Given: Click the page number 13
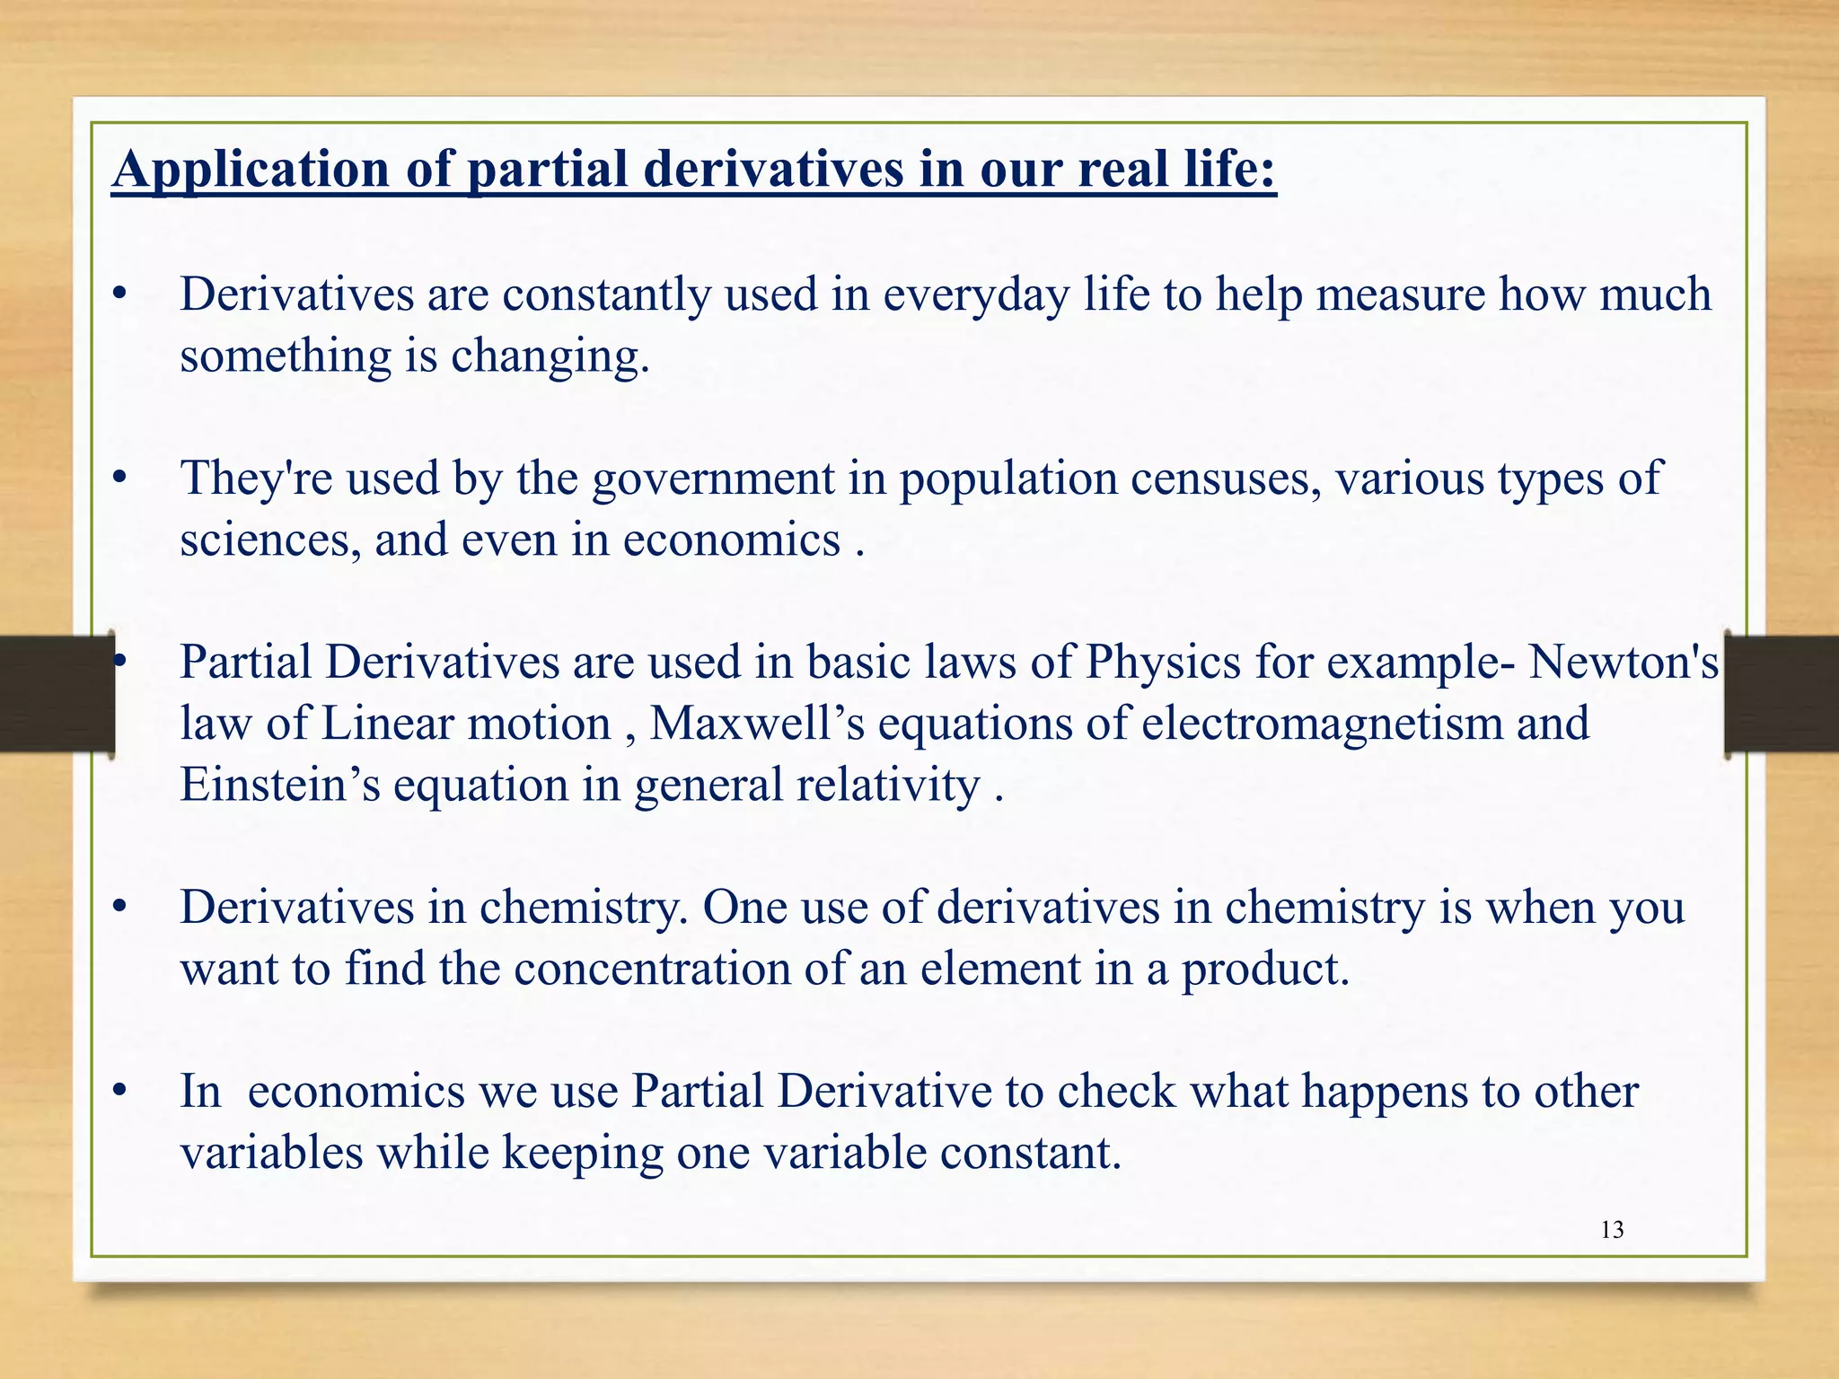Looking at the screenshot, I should tap(1612, 1230).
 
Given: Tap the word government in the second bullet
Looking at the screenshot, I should tap(713, 479).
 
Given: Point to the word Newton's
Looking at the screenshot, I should tap(1623, 663).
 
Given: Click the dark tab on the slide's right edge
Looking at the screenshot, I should tap(1782, 692).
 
